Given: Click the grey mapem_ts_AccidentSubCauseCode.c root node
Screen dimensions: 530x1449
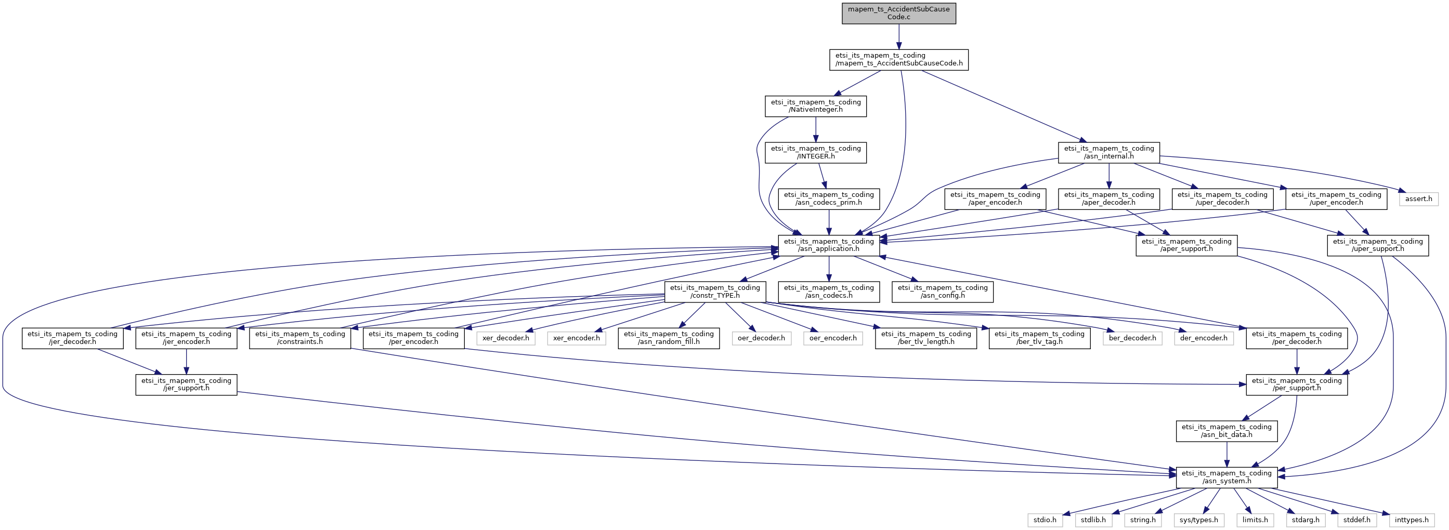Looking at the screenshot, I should [x=898, y=13].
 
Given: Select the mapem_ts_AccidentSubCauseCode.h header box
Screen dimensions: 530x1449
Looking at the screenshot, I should [x=898, y=60].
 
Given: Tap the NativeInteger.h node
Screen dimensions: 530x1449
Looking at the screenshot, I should [x=815, y=106].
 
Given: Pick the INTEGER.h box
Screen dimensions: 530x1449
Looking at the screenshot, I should [x=815, y=153].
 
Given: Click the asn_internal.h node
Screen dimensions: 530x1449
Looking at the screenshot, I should [x=1108, y=153].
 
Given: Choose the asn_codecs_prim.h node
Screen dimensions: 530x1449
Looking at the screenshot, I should [x=829, y=199].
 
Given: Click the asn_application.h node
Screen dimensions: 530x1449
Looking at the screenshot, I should [x=829, y=246].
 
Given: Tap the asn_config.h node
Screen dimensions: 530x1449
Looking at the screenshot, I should [x=942, y=291].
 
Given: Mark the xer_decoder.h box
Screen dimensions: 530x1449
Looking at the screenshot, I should [x=505, y=338].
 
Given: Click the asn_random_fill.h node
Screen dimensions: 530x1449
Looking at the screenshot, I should [x=668, y=338].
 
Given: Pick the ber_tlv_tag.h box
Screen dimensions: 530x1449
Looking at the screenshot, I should [x=1039, y=338].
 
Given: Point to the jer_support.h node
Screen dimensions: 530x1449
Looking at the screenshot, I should [x=186, y=385].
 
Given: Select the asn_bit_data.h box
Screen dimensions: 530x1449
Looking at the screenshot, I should [x=1226, y=431].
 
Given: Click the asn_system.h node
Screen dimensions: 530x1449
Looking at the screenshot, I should [x=1226, y=478].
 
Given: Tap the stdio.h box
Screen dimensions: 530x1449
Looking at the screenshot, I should [x=1045, y=520].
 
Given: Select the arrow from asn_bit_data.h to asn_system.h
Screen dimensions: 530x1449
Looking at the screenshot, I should [x=1226, y=454].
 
